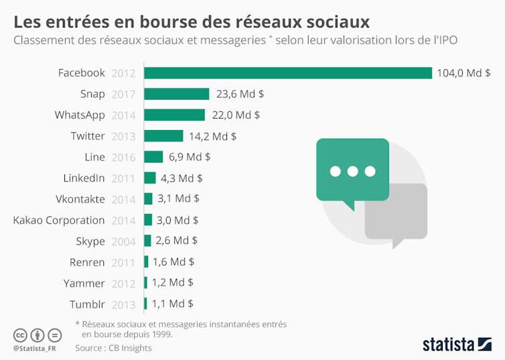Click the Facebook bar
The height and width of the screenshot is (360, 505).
[x=288, y=73]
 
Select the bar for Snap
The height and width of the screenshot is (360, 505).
[x=177, y=94]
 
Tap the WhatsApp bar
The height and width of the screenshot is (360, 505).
[x=174, y=115]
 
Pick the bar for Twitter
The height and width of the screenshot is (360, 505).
[x=163, y=136]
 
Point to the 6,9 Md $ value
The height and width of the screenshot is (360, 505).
[x=190, y=157]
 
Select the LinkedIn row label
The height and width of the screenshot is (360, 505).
[x=84, y=178]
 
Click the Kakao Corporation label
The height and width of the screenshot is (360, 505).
[x=59, y=220]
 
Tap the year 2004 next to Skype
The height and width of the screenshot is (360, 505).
[x=124, y=241]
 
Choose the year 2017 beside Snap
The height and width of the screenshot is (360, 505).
[x=124, y=94]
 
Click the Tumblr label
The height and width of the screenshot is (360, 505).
[x=87, y=304]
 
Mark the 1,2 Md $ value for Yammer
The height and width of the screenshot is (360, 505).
[x=172, y=282]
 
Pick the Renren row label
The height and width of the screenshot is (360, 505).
[x=87, y=262]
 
